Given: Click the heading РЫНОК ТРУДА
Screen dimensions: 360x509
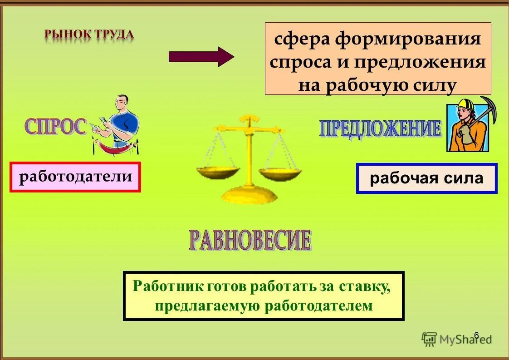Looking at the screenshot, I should click(89, 35).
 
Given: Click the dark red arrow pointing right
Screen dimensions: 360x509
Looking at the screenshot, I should click(201, 57).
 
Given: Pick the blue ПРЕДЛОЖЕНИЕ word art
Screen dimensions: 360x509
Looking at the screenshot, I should click(380, 128).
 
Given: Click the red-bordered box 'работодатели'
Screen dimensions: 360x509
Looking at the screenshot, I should click(75, 177).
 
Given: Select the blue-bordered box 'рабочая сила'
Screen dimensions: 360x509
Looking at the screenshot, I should click(426, 178).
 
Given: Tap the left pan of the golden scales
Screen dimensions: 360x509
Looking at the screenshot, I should click(218, 173).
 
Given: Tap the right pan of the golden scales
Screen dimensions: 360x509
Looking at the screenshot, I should click(280, 173).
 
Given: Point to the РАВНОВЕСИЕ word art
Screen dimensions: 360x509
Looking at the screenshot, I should click(250, 241).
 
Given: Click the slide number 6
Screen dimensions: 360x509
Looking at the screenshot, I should click(476, 335).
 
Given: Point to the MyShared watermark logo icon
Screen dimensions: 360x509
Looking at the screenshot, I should click(429, 338).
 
